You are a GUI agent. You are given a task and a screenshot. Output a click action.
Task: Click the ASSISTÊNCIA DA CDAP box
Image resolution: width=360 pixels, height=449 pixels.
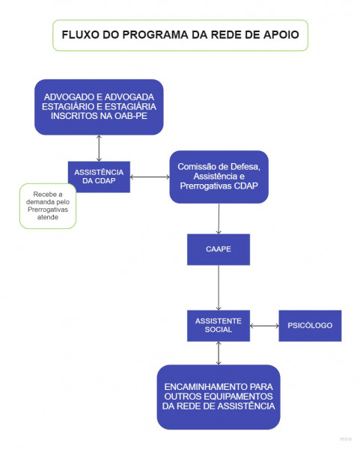pyautogui.click(x=99, y=177)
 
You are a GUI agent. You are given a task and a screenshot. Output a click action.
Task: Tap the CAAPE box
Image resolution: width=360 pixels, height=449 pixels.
pyautogui.click(x=219, y=249)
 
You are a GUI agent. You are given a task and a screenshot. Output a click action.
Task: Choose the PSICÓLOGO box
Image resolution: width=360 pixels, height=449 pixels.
pyautogui.click(x=310, y=326)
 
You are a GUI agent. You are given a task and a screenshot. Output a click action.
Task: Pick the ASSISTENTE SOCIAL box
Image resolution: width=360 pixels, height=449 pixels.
pyautogui.click(x=219, y=326)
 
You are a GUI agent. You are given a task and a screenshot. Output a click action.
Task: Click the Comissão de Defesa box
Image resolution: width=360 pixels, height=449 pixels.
pyautogui.click(x=219, y=177)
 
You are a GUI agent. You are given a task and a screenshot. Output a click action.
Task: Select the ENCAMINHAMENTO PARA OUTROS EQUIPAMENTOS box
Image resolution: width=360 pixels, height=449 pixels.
pyautogui.click(x=219, y=397)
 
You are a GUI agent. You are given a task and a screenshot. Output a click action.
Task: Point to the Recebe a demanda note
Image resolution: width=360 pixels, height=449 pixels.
pyautogui.click(x=48, y=206)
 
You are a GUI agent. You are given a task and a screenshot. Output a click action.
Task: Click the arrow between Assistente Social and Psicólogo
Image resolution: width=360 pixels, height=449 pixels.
pyautogui.click(x=264, y=326)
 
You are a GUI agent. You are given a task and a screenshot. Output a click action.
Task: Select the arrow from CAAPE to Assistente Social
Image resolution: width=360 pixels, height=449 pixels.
pyautogui.click(x=219, y=287)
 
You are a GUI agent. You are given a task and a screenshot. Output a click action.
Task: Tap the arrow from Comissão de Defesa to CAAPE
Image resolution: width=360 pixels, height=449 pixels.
pyautogui.click(x=219, y=219)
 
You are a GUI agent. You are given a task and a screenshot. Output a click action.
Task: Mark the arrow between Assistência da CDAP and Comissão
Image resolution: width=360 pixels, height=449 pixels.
pyautogui.click(x=150, y=177)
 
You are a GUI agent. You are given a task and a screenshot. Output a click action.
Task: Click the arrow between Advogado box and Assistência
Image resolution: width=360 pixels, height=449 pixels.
pyautogui.click(x=99, y=148)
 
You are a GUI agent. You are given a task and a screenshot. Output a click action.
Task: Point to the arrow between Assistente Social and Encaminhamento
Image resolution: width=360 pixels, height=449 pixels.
pyautogui.click(x=219, y=353)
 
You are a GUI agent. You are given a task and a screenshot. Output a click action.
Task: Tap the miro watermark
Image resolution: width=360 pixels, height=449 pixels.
pyautogui.click(x=346, y=439)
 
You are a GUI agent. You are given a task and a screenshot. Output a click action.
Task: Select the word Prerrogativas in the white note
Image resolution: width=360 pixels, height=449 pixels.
pyautogui.click(x=48, y=210)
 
